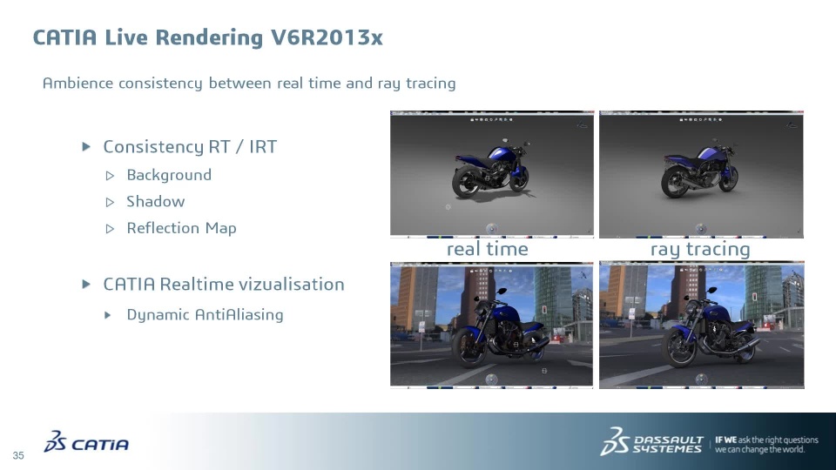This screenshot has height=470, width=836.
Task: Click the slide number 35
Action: (x=18, y=455)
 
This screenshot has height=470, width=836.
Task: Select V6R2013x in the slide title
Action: (x=327, y=37)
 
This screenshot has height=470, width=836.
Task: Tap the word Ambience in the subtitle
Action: (x=78, y=84)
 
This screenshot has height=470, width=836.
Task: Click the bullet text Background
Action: (x=169, y=175)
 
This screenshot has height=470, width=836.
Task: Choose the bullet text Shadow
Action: (x=156, y=201)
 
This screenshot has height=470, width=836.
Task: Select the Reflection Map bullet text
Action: (x=181, y=228)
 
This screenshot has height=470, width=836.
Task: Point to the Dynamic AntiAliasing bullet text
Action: (x=205, y=314)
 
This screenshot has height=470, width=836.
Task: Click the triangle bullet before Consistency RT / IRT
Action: (x=86, y=146)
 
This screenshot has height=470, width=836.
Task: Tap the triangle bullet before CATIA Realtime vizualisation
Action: (x=86, y=284)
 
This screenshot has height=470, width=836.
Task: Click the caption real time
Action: (x=488, y=249)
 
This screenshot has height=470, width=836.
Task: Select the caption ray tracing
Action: (x=700, y=249)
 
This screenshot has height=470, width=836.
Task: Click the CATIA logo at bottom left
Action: (x=86, y=442)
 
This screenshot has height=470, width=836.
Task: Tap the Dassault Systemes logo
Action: (x=651, y=441)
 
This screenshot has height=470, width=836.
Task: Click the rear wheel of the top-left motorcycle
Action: (x=465, y=182)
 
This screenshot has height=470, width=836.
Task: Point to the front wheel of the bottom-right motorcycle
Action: (x=678, y=347)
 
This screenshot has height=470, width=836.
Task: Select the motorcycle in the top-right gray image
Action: (x=699, y=168)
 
